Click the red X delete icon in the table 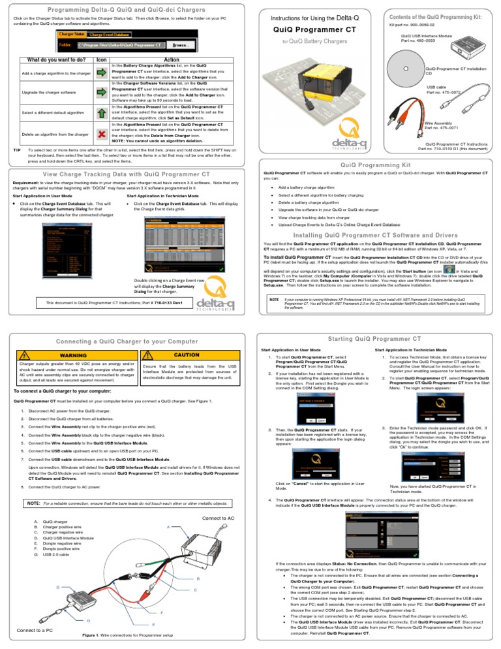tap(101, 133)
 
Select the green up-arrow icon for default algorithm tap(101, 112)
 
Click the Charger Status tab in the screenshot tap(72, 33)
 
